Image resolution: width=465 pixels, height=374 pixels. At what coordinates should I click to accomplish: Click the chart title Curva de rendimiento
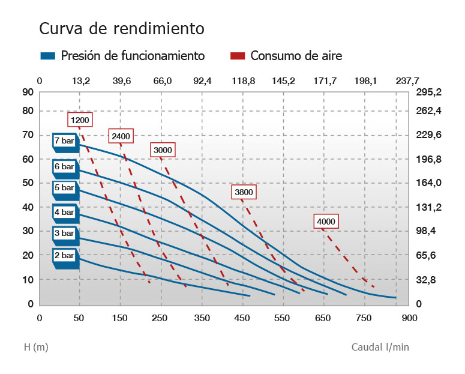(x=122, y=29)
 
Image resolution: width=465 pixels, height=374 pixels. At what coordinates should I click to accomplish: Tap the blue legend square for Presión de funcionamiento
(x=47, y=56)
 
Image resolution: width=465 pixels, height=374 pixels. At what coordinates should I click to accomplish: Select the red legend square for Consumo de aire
(x=238, y=56)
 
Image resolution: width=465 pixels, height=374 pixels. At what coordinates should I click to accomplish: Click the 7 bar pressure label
(x=65, y=141)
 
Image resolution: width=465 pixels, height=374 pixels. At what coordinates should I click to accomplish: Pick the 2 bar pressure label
(x=65, y=256)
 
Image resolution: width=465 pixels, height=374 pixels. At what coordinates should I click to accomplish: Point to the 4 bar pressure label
(x=65, y=212)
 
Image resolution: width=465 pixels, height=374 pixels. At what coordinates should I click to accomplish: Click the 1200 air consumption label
(x=79, y=121)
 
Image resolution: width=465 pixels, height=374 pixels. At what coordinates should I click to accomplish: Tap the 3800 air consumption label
(x=244, y=193)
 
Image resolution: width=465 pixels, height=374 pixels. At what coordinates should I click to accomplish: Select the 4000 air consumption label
(x=326, y=222)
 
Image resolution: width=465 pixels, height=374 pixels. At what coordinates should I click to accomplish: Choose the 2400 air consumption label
(x=121, y=136)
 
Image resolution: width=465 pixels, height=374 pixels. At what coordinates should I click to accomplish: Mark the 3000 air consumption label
(x=162, y=149)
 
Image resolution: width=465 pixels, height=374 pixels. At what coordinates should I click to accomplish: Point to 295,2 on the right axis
(x=429, y=92)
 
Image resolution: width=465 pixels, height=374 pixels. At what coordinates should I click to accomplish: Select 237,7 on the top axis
(x=408, y=81)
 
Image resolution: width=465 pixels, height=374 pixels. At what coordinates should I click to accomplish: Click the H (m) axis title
(x=36, y=347)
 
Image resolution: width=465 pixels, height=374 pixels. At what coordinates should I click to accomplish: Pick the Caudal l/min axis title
(x=380, y=347)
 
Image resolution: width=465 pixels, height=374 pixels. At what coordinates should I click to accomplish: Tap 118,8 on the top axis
(x=244, y=81)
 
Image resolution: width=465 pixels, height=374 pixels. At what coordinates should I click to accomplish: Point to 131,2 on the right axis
(x=429, y=208)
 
